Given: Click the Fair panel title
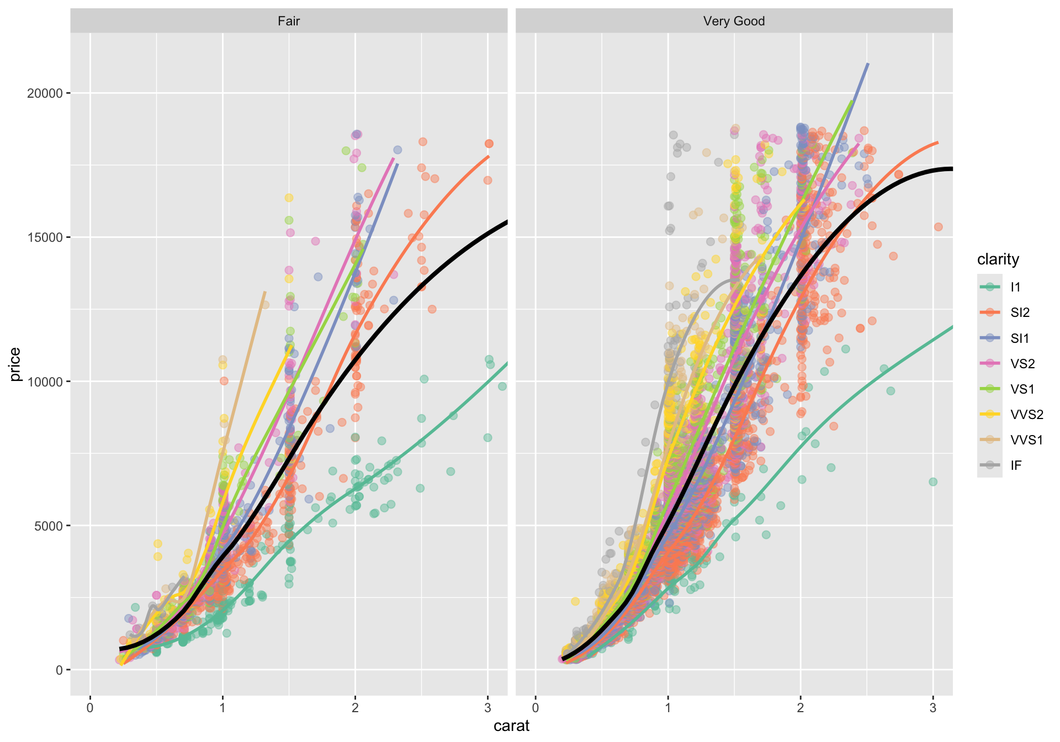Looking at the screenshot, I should [289, 22].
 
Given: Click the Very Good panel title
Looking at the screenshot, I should [734, 22].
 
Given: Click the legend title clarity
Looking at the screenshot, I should [998, 259].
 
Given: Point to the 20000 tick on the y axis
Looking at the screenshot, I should [45, 93].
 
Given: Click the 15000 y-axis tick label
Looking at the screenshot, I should [45, 237].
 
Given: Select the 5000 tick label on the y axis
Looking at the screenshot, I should [49, 526].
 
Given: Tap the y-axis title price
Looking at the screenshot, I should [15, 364].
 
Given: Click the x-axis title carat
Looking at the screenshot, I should [511, 725].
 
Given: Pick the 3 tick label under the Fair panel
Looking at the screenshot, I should [487, 708].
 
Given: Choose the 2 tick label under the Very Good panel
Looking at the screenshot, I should [801, 708].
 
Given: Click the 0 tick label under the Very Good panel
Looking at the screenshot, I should [536, 708].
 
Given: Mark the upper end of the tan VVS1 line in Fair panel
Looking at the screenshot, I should [265, 291].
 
